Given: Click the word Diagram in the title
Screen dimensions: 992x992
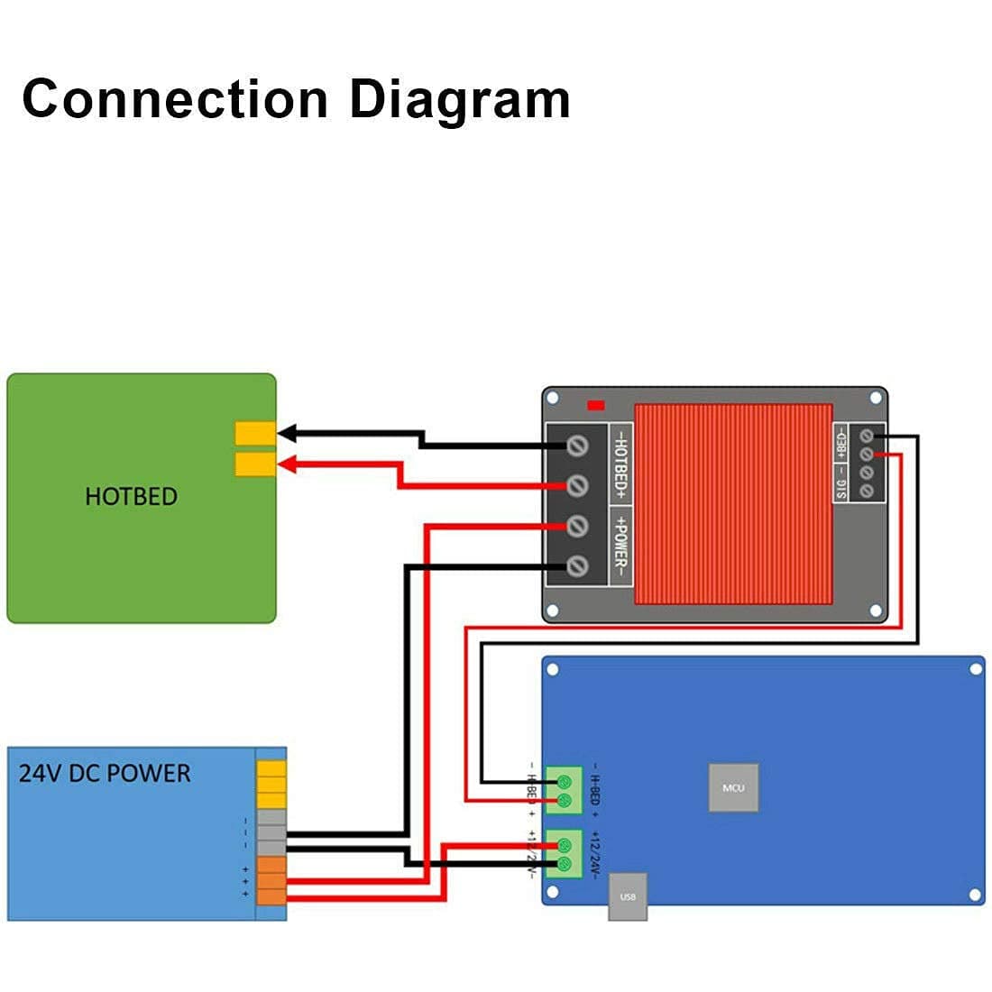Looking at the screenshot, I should point(460,99).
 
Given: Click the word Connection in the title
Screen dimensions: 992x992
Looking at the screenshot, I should point(175,98).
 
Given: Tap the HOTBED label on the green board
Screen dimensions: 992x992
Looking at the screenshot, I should point(131,496).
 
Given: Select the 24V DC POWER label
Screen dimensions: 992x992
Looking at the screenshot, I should point(105,773).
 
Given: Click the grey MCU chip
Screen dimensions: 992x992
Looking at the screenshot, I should point(733,787).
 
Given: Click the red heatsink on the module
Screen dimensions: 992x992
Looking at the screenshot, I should point(733,503).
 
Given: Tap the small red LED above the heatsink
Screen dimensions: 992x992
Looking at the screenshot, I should point(596,406).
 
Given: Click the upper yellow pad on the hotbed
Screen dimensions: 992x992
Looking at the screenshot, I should point(255,433).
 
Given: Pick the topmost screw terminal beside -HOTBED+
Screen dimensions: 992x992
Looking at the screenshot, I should point(577,445).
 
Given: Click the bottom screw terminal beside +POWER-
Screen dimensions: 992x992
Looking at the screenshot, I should point(577,565).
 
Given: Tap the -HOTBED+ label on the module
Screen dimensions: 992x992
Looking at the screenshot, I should point(620,464).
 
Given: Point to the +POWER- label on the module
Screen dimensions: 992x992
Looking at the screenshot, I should point(620,546).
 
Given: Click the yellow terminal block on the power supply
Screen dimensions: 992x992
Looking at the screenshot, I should point(271,784).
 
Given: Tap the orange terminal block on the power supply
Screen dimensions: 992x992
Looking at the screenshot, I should point(271,879).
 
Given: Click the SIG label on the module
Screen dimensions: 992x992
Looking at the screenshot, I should point(840,490).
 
